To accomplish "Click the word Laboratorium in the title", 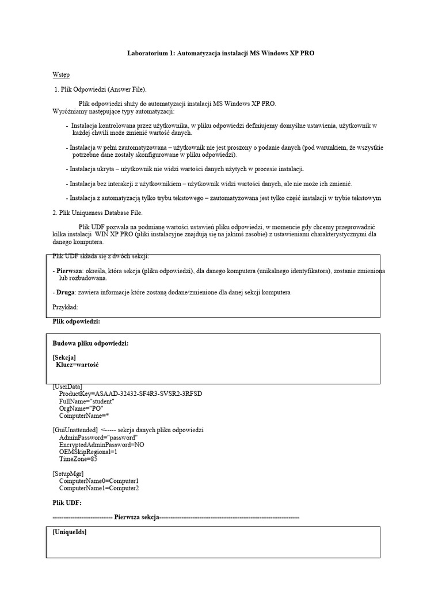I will pos(148,53).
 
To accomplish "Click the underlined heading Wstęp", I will pos(61,75).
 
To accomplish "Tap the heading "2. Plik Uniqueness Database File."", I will pos(97,213).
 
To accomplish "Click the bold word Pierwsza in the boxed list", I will pos(68,271).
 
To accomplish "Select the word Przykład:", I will pos(65,307).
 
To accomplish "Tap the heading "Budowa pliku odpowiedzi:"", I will pos(90,343).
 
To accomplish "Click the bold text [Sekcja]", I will pos(64,358).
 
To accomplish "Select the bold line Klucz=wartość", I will pos(77,365).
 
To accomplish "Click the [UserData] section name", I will pos(67,386).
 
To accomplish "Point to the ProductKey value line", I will pos(131,394).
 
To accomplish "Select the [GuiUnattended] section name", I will pos(75,430).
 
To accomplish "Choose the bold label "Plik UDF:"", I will pos(67,502).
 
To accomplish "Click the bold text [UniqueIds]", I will pos(70,532).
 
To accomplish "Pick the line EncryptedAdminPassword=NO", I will pos(102,445).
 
